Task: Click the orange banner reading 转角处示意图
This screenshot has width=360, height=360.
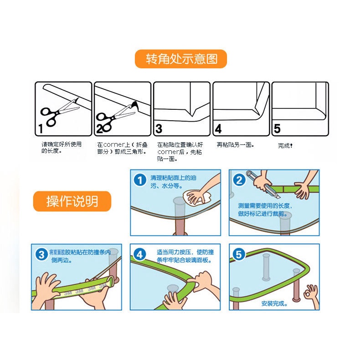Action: click(x=181, y=59)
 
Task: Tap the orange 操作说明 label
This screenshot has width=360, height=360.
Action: click(x=72, y=201)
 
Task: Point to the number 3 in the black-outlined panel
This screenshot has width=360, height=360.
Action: click(x=159, y=129)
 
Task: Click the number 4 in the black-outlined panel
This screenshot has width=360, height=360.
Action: click(x=218, y=129)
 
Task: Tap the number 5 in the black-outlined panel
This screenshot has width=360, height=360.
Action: click(x=277, y=129)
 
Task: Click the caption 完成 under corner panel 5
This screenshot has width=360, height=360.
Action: click(x=285, y=145)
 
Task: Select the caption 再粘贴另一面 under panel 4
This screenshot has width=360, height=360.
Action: click(x=235, y=145)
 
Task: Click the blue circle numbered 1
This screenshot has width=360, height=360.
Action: click(x=140, y=180)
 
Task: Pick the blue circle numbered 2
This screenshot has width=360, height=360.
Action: click(x=239, y=180)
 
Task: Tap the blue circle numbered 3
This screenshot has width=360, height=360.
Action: click(x=41, y=255)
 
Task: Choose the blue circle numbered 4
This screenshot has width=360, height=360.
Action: click(x=140, y=254)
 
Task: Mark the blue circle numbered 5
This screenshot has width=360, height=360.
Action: click(x=239, y=254)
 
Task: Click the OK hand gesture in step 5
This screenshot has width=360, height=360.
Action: click(x=312, y=296)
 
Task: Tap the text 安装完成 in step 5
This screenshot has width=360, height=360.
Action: click(x=274, y=303)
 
